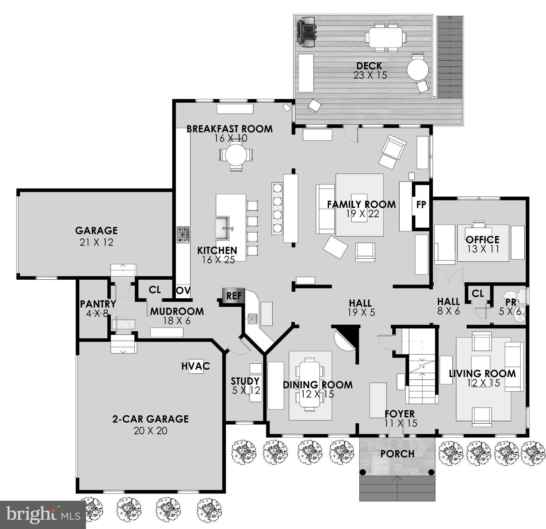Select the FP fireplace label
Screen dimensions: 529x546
point(421,205)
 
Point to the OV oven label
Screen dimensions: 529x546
point(183,290)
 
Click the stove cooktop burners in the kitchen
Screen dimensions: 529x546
point(183,235)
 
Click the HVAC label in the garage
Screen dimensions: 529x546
point(196,366)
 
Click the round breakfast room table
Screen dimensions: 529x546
point(236,155)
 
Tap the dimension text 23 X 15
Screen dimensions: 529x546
point(370,75)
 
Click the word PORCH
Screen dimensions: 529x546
point(397,454)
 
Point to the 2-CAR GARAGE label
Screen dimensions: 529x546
point(150,419)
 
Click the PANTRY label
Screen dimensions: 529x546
point(98,304)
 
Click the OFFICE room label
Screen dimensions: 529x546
point(482,239)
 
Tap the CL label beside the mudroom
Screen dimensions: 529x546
point(155,290)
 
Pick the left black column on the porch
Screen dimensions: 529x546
point(362,472)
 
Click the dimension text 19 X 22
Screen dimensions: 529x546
point(362,214)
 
